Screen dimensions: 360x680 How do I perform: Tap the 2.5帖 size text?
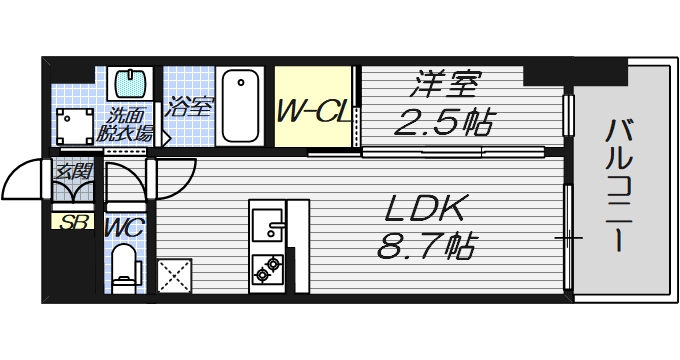pyautogui.click(x=443, y=122)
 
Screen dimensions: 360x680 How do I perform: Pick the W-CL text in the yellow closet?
pyautogui.click(x=313, y=108)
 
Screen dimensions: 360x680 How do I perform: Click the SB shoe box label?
pyautogui.click(x=71, y=221)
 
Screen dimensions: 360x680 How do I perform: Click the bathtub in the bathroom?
pyautogui.click(x=240, y=105)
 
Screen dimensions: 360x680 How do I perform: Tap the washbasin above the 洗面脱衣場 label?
pyautogui.click(x=127, y=82)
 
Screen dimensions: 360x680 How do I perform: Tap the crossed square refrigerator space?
pyautogui.click(x=176, y=275)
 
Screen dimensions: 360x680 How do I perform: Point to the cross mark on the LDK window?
pyautogui.click(x=569, y=238)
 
